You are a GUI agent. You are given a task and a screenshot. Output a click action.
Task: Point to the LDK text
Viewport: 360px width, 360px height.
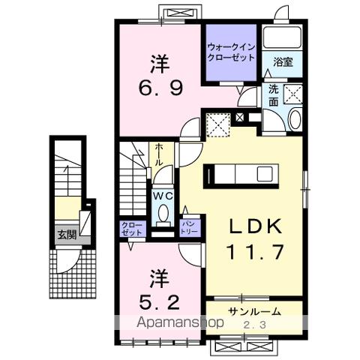[254, 226]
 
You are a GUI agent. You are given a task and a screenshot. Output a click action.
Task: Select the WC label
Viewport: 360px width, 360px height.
[163, 194]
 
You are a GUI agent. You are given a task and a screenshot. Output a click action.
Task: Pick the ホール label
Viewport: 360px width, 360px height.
[159, 155]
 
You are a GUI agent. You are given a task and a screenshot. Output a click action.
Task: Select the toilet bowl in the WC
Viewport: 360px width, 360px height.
[163, 214]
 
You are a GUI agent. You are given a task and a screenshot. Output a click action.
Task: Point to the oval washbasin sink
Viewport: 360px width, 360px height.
[293, 119]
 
